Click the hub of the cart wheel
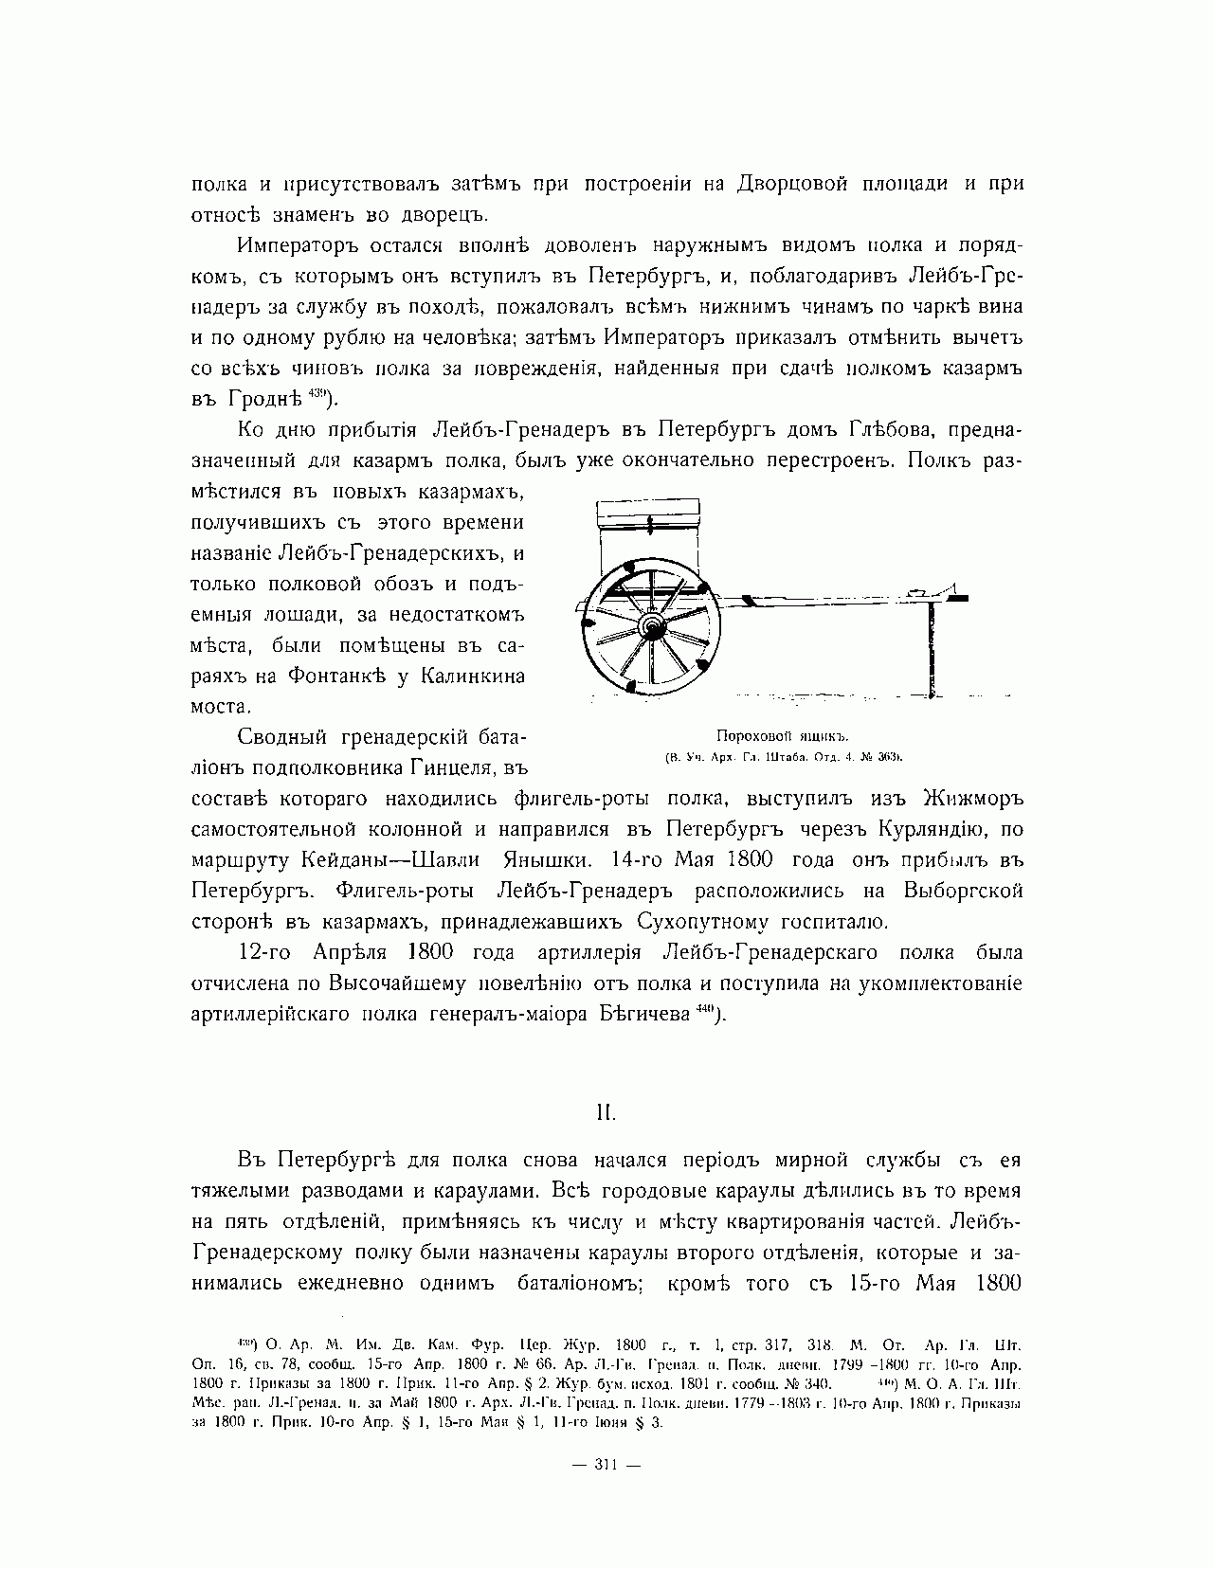click(651, 626)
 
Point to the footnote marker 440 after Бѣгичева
click(703, 1009)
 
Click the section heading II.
click(606, 1105)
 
